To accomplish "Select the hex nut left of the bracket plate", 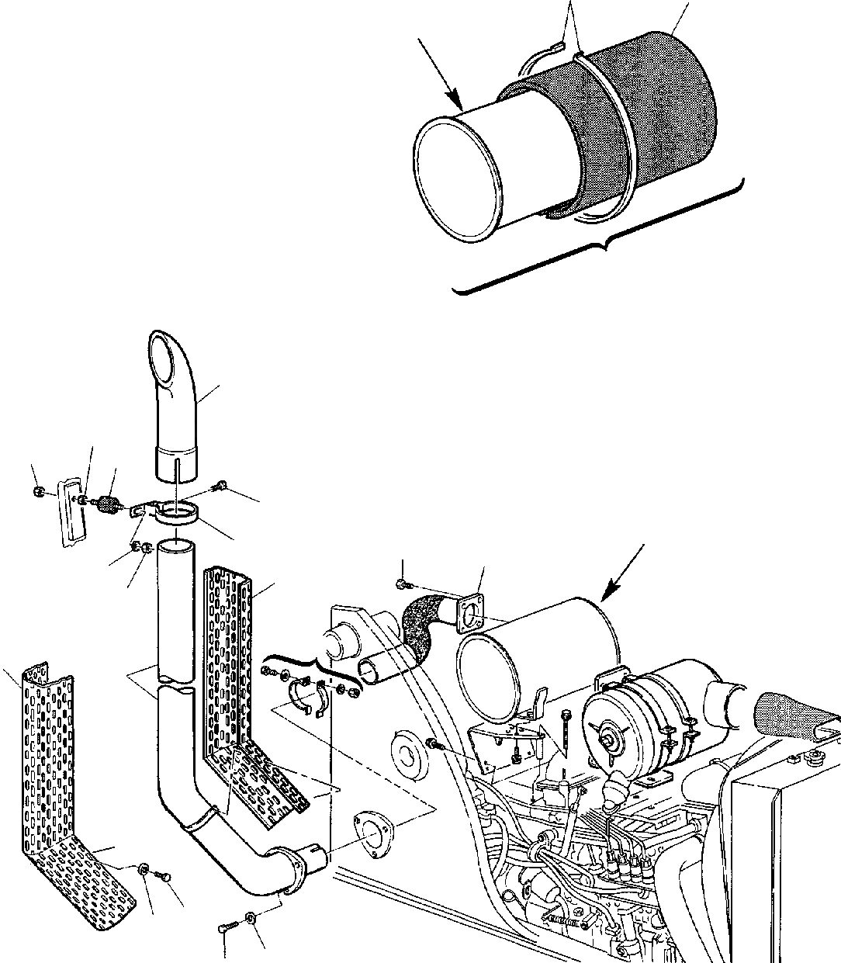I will click(x=40, y=492).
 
